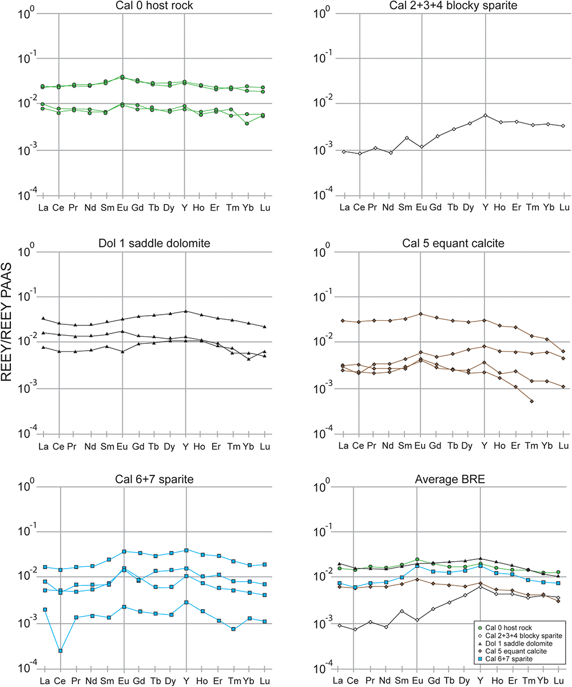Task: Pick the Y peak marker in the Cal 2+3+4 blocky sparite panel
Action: click(x=485, y=115)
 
